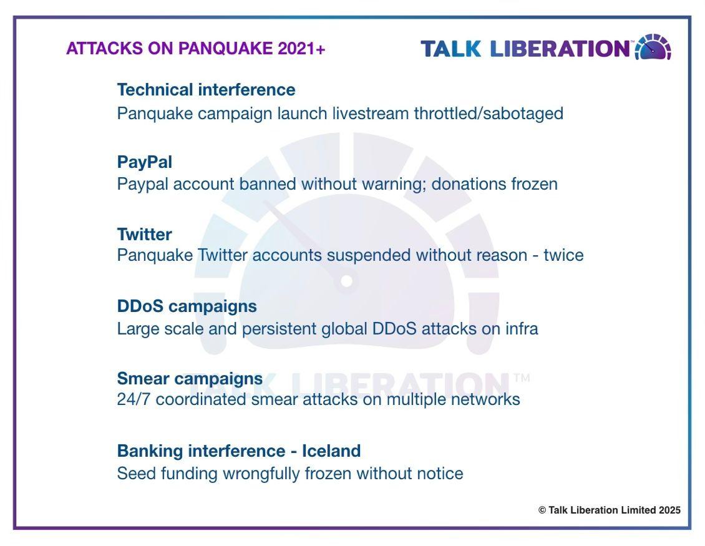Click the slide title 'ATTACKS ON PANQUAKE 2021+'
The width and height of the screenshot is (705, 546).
(x=195, y=49)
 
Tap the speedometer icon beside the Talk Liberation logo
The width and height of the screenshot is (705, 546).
(x=653, y=47)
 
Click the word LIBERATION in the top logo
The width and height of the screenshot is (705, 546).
(x=560, y=49)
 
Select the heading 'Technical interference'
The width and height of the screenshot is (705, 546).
(x=206, y=90)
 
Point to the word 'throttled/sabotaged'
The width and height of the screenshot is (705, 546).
(x=489, y=114)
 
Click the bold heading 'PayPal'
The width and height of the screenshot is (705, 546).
(x=144, y=162)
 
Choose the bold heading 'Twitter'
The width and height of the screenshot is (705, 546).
(x=144, y=235)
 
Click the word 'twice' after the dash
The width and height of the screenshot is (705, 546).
(x=563, y=255)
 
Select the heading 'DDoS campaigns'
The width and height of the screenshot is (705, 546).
(x=187, y=307)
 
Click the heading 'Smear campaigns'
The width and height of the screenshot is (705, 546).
(x=190, y=379)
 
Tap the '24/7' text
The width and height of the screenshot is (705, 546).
(x=134, y=399)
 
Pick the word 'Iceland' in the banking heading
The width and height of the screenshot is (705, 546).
(x=331, y=451)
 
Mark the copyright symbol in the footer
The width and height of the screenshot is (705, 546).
(x=542, y=510)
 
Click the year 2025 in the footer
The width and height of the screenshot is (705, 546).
(x=669, y=510)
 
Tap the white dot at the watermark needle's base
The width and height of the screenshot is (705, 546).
(x=346, y=281)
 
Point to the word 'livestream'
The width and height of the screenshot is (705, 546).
(x=371, y=114)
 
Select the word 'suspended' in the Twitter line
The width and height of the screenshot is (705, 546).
(x=369, y=255)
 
